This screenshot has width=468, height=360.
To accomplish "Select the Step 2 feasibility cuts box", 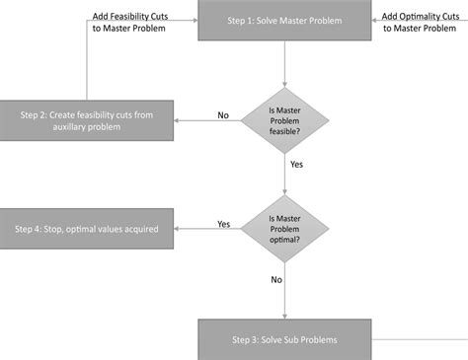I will (88, 121).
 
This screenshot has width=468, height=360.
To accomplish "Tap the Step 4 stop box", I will (88, 229).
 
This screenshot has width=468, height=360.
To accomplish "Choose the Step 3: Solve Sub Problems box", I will (283, 339).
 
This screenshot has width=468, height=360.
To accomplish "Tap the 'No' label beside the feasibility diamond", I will (224, 115).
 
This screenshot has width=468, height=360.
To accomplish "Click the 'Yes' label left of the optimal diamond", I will (224, 224).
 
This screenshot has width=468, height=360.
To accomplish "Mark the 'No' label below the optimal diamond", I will (276, 279).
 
